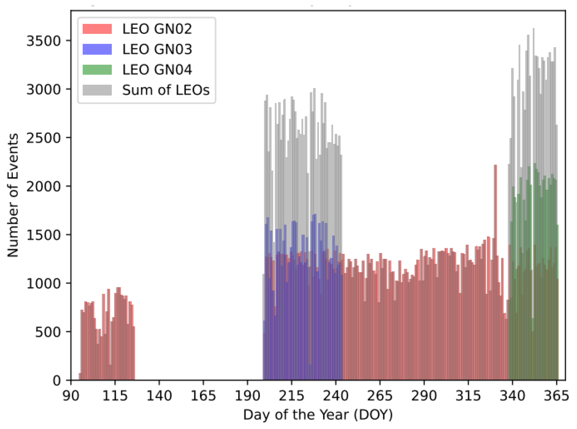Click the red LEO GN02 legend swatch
(x=97, y=29)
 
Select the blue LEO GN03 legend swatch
(x=97, y=49)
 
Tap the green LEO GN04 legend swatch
(x=97, y=70)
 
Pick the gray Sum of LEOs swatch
(x=97, y=90)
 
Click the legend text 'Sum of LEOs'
(x=166, y=90)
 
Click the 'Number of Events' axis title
(x=13, y=195)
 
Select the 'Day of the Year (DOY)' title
(x=318, y=415)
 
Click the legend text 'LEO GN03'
(x=157, y=49)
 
